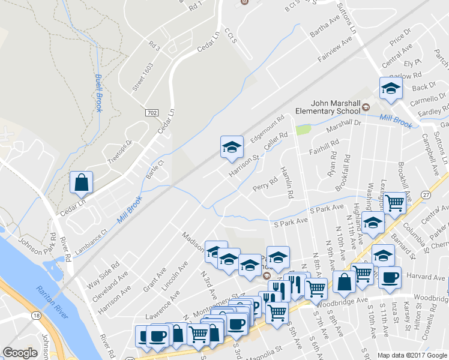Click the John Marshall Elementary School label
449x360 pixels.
click(327, 107)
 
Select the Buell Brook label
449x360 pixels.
click(98, 93)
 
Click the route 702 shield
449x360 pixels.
click(152, 112)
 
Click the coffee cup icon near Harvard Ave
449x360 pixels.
click(390, 278)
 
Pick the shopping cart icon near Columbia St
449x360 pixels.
click(394, 203)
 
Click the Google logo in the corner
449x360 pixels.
click(20, 353)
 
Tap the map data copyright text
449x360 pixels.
click(412, 355)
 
